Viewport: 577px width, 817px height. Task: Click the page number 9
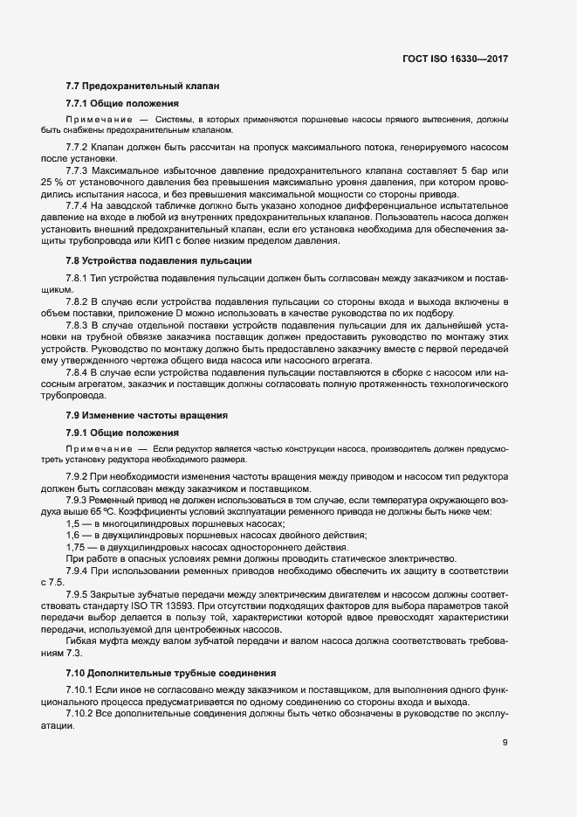(505, 743)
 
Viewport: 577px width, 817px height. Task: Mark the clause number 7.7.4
(79, 204)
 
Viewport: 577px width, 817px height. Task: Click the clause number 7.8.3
(79, 325)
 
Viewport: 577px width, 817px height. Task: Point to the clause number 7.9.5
(79, 594)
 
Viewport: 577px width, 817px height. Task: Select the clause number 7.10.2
(81, 714)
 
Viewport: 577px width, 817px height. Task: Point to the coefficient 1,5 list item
(74, 523)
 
